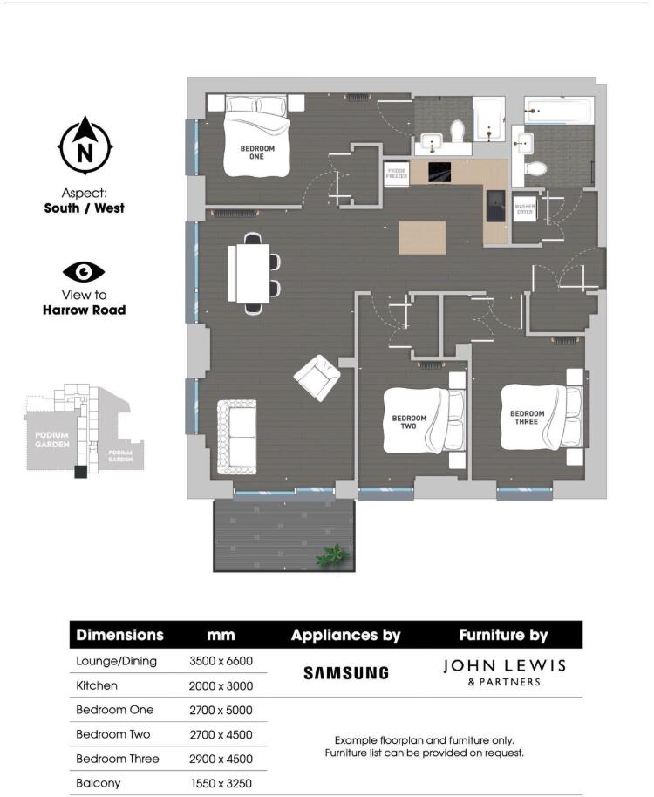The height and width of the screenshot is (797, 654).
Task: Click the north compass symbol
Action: (x=85, y=146)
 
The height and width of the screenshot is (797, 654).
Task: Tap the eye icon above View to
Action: (x=84, y=272)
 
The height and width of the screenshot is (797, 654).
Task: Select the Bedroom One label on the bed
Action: (x=257, y=153)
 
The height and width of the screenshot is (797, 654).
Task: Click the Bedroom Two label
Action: (x=409, y=422)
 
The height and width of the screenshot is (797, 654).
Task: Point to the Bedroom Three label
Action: (x=527, y=418)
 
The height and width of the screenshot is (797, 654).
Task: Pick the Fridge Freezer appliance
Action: (x=397, y=173)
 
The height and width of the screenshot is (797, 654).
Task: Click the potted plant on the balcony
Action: (x=331, y=555)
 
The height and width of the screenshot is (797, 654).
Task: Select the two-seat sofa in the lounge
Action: (x=236, y=436)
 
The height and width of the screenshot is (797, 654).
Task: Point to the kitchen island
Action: (x=421, y=238)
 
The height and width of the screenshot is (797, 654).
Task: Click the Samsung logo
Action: (x=345, y=672)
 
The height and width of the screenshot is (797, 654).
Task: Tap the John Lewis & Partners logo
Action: (x=504, y=671)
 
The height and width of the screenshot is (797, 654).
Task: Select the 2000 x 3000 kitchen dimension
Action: (x=221, y=685)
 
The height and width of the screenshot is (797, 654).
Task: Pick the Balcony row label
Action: (x=99, y=783)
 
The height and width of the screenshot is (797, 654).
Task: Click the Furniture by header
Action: (x=505, y=635)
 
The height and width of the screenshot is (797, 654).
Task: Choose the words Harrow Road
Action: (x=84, y=310)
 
